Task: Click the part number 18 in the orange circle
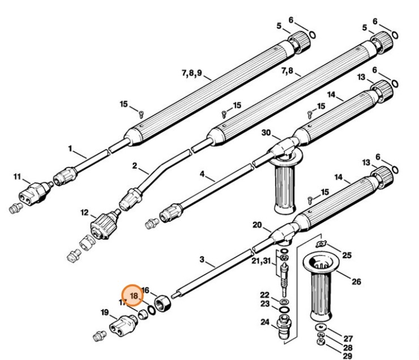click(134, 295)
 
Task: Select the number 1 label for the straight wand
click(70, 149)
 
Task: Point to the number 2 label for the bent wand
click(134, 166)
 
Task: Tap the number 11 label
click(17, 177)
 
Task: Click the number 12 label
click(84, 213)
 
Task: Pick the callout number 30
click(266, 132)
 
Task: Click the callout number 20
click(257, 225)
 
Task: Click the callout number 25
click(347, 256)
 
